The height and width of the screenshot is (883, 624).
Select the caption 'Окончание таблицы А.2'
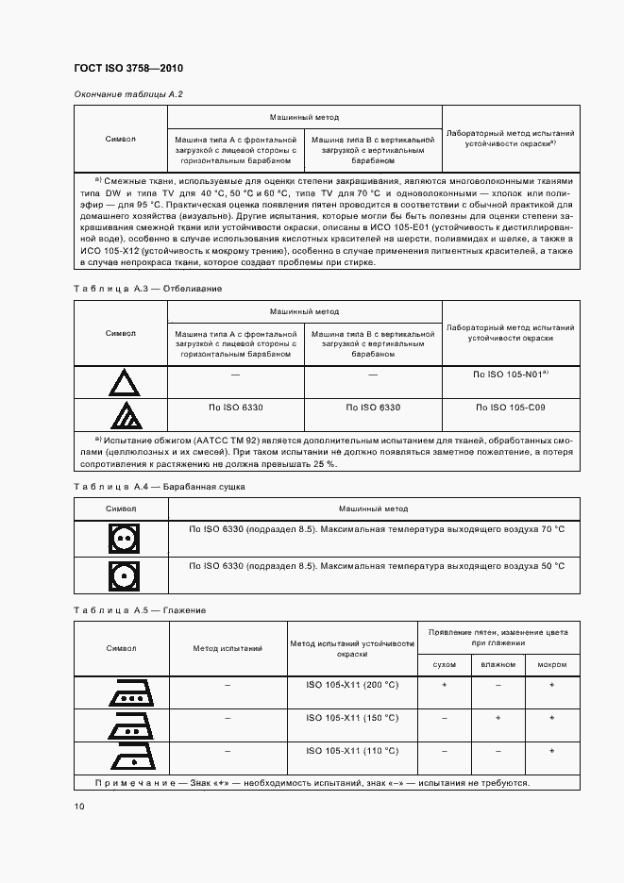point(127,94)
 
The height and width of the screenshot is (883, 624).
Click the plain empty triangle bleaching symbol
point(121,383)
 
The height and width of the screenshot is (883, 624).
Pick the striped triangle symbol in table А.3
point(121,415)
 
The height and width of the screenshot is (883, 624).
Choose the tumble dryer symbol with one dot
point(121,574)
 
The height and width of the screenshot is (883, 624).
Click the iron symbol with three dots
point(121,693)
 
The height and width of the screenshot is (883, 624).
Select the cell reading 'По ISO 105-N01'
point(511,375)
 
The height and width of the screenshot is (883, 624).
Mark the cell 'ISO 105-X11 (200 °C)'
point(353,685)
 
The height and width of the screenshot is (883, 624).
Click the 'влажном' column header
point(498,664)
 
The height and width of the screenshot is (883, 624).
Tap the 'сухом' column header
point(444,664)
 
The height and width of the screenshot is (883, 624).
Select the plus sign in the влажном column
point(498,718)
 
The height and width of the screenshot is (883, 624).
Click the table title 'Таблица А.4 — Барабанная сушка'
point(159,486)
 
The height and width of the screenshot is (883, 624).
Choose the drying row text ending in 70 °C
point(376,529)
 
